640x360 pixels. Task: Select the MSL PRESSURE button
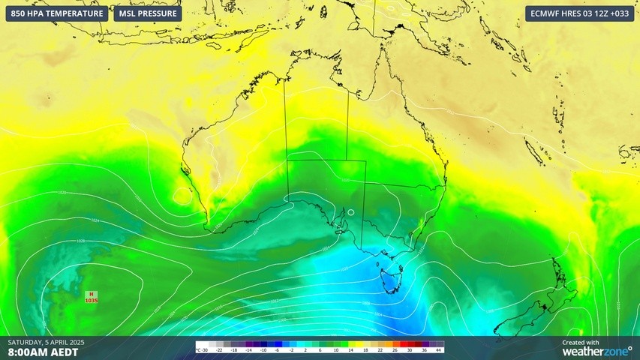tap(148, 13)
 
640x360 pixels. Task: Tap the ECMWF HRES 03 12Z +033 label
tap(579, 13)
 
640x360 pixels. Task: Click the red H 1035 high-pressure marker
tap(92, 297)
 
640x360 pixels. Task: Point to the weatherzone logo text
tap(597, 350)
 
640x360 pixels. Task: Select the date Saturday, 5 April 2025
tap(46, 342)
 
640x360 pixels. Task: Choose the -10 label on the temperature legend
tap(263, 350)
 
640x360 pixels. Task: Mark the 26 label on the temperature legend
tap(395, 350)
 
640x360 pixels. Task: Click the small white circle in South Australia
tap(351, 212)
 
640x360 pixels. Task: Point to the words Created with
tap(580, 342)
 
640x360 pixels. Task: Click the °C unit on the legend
tap(198, 350)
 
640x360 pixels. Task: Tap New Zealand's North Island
tap(564, 281)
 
